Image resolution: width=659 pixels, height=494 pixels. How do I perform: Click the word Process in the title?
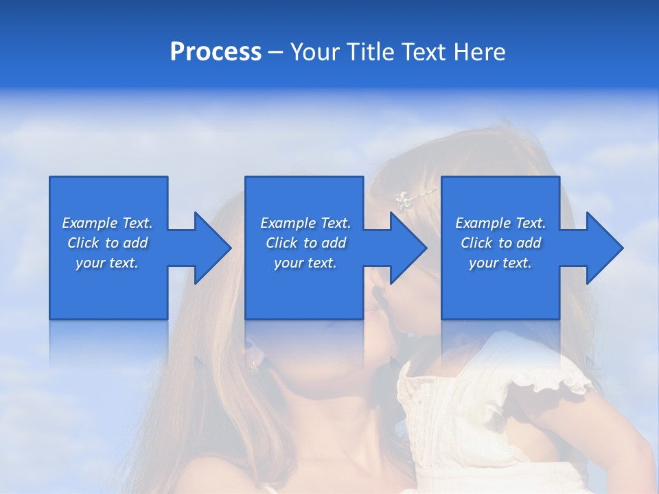tap(216, 51)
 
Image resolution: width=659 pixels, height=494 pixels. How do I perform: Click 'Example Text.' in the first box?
tap(107, 223)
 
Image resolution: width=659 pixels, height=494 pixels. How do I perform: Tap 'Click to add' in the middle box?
tap(305, 243)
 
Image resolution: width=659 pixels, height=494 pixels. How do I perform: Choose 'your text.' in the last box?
tap(500, 263)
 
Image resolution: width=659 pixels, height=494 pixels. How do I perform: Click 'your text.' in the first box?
tap(107, 263)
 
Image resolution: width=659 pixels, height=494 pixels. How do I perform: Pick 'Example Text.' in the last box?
tap(500, 223)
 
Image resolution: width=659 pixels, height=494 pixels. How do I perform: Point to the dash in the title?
tap(275, 52)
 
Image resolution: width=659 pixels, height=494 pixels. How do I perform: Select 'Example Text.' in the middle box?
tap(305, 223)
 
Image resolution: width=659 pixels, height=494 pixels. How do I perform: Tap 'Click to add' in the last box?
tap(500, 243)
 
